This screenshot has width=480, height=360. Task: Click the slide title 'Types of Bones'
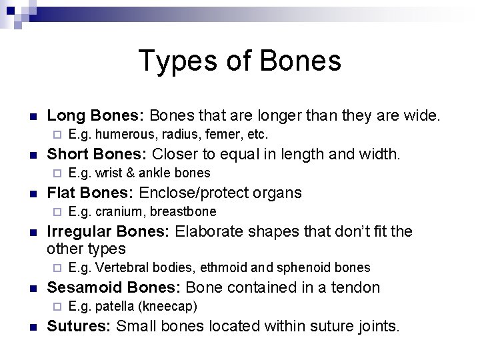click(x=240, y=61)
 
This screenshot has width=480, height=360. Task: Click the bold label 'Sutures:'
click(x=79, y=327)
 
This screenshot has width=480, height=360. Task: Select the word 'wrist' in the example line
click(x=109, y=173)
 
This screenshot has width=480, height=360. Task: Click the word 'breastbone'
click(x=183, y=212)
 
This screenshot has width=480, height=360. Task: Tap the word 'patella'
click(x=115, y=307)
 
